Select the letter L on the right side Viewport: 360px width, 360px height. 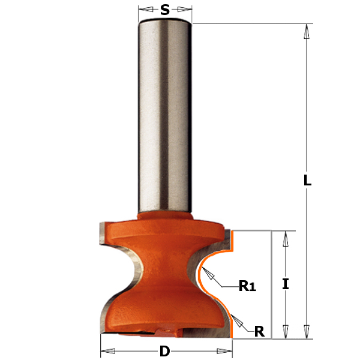click(307, 179)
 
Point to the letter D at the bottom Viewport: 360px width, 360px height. click(164, 351)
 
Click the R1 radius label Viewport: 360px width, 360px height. click(247, 286)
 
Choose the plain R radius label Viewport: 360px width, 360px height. click(259, 331)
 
